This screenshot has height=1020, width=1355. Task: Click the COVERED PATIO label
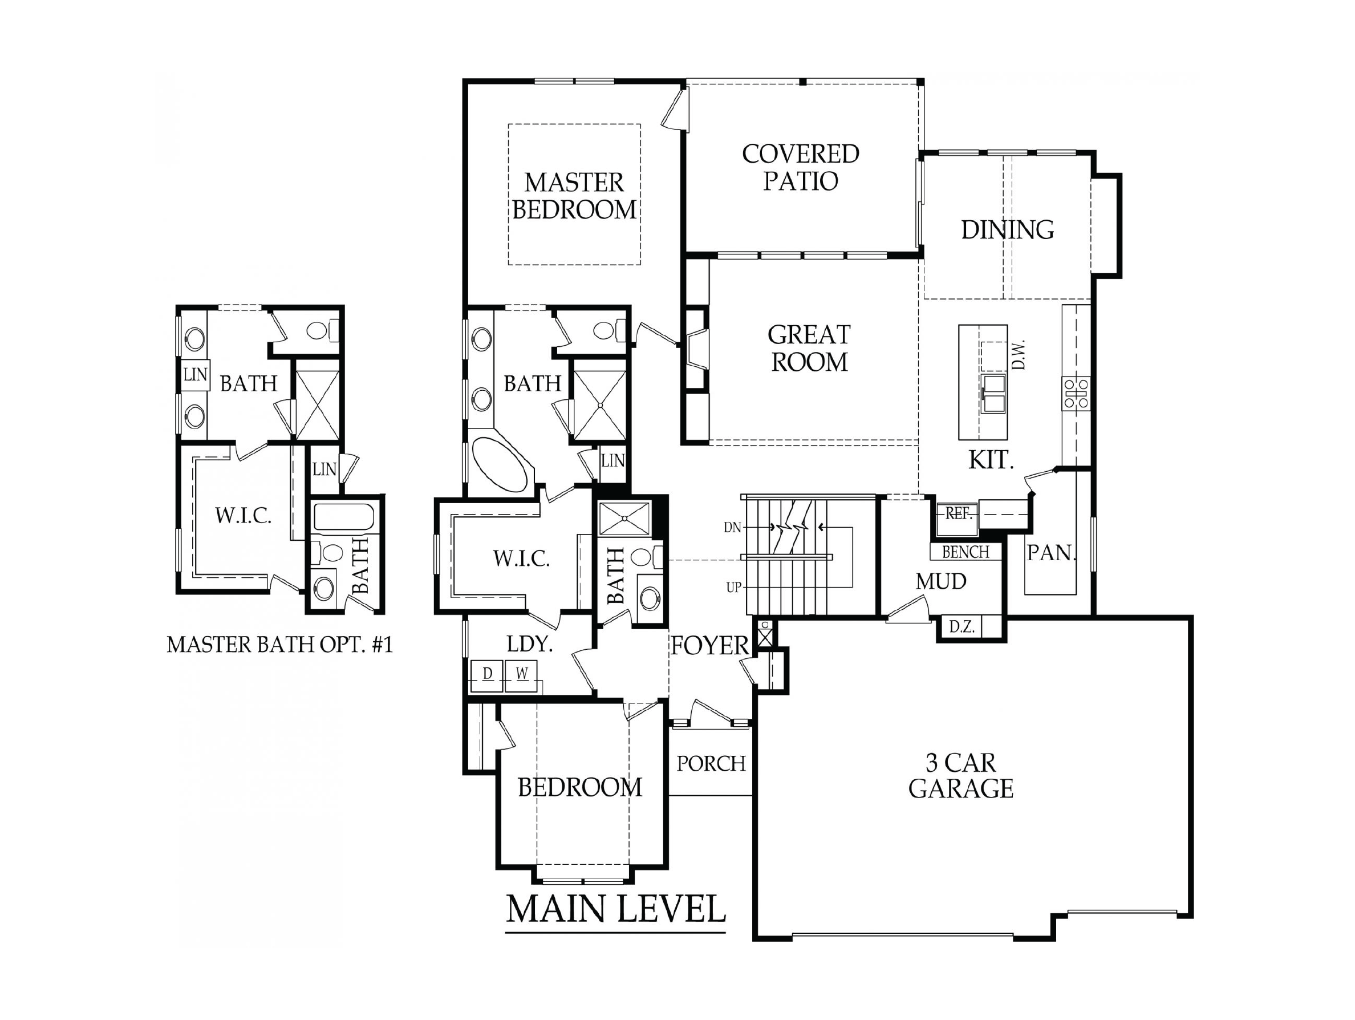(x=801, y=167)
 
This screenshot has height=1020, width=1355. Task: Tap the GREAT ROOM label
(x=809, y=348)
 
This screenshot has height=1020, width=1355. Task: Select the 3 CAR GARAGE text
(x=960, y=776)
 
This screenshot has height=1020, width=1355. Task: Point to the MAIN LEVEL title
(x=616, y=909)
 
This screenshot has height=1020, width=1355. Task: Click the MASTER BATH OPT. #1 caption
(x=280, y=645)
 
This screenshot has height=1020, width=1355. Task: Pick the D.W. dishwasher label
(x=1018, y=355)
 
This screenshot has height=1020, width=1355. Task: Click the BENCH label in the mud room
(x=966, y=552)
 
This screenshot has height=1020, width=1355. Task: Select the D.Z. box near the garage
(x=962, y=628)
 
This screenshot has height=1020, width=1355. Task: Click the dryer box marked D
(x=487, y=675)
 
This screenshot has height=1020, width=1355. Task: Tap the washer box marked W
(x=521, y=675)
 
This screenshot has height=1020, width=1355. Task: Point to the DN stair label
(x=733, y=527)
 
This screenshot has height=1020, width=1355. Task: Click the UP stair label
(x=734, y=588)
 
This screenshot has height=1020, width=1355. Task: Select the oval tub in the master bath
(x=501, y=464)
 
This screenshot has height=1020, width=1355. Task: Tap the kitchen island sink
(x=993, y=393)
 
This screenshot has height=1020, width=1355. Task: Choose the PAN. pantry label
(x=1051, y=553)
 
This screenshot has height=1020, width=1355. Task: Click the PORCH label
(x=711, y=763)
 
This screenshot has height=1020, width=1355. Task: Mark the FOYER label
(x=709, y=646)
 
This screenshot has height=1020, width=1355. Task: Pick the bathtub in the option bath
(x=344, y=516)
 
